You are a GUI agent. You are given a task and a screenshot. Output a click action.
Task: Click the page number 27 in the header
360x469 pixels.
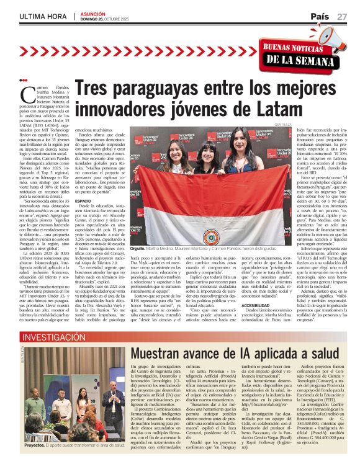[x=342, y=17]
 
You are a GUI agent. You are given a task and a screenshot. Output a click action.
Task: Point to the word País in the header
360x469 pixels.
[x=320, y=17]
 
